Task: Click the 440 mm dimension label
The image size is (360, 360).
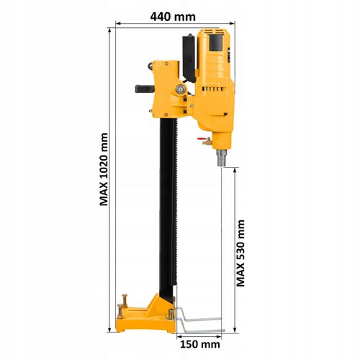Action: point(173,17)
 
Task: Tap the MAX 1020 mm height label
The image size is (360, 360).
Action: point(104,169)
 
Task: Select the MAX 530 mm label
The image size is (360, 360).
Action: point(240,253)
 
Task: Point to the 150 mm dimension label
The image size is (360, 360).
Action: point(200,344)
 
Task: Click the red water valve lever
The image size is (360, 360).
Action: point(201,139)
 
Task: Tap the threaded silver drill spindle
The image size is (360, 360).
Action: point(222,158)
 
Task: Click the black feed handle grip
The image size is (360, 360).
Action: point(145,89)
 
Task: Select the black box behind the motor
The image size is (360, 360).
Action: point(189,58)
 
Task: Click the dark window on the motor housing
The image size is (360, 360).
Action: point(216,42)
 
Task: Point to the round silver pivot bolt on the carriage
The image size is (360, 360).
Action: point(181,89)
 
